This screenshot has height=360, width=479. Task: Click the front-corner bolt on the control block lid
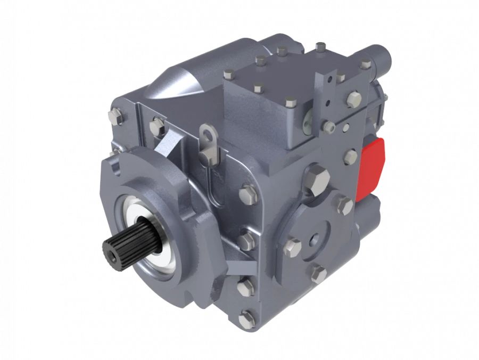(x=291, y=102)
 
